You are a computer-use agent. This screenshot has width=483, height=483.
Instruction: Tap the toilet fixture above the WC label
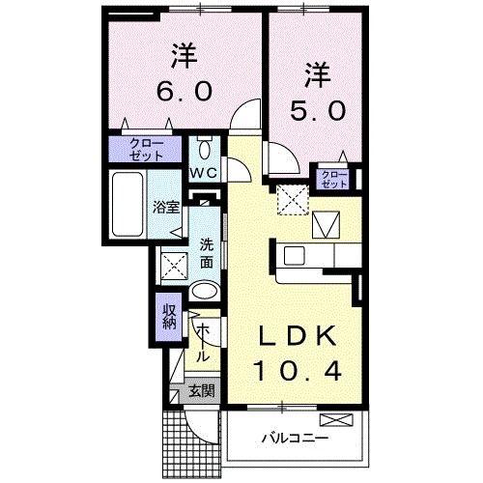click(x=204, y=149)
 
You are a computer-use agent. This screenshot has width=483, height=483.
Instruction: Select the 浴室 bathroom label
click(x=165, y=206)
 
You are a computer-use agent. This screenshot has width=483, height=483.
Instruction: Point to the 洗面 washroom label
click(x=207, y=254)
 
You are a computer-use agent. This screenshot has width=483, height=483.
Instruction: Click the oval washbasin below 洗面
click(x=204, y=292)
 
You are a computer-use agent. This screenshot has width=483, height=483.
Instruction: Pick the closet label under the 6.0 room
click(x=144, y=150)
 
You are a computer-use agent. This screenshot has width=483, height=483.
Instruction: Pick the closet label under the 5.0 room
click(x=333, y=178)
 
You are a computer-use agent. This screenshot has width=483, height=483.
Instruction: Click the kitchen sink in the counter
click(x=294, y=255)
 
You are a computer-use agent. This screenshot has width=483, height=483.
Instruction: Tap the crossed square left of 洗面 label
click(x=175, y=262)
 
